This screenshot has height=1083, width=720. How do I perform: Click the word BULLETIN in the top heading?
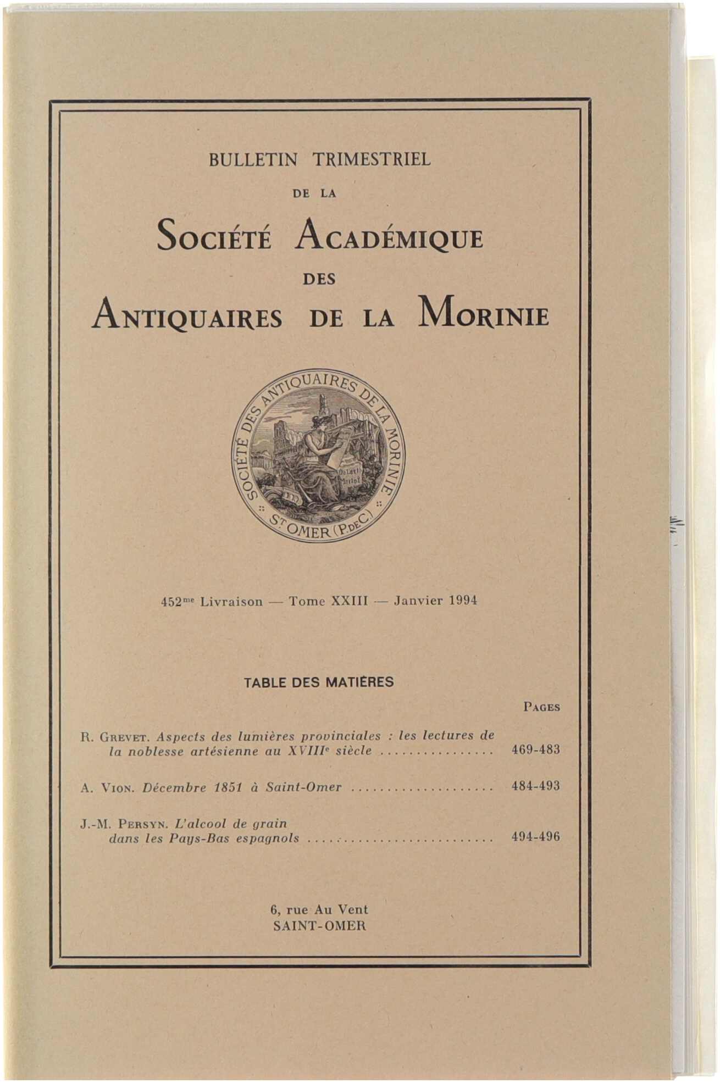253,160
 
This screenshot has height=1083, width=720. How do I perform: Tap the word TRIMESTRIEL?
372,160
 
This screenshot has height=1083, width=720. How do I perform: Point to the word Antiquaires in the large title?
187,317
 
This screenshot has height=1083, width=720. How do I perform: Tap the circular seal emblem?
318,455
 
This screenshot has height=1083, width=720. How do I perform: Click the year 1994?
462,601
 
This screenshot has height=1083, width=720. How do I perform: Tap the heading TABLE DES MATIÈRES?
319,682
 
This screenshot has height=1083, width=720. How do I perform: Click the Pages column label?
541,708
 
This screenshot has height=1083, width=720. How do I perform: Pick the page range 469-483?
535,750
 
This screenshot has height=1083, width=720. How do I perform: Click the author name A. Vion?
108,788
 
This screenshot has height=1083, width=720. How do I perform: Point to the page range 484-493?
535,786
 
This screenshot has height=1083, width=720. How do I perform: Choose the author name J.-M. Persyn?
124,824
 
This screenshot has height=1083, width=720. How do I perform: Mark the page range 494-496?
535,837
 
